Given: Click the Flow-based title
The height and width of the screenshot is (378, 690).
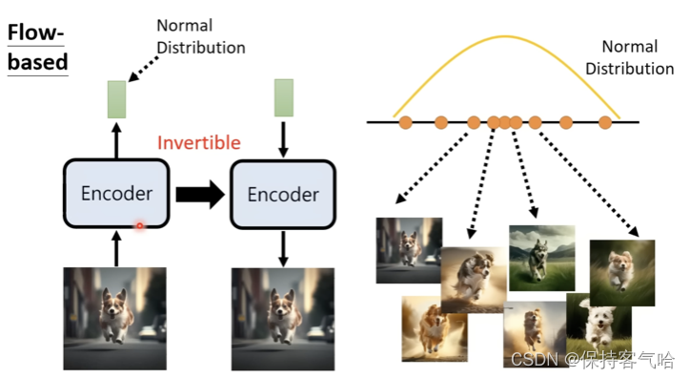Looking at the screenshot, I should click(x=38, y=48).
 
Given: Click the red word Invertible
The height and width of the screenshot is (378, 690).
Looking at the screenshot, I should click(x=198, y=143).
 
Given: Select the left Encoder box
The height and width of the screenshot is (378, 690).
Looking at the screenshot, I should click(x=116, y=194).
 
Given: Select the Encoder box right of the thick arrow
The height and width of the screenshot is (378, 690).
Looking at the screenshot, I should click(x=283, y=195).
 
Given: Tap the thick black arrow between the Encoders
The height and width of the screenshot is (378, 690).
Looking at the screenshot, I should click(x=198, y=195).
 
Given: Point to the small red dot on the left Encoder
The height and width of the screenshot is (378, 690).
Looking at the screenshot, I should click(x=139, y=226).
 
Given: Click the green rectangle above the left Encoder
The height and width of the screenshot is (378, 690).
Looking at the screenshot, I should click(x=116, y=99).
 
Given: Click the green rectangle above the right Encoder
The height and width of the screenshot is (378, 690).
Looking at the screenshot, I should click(x=283, y=97).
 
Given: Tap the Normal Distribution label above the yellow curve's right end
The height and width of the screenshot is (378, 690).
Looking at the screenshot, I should click(x=629, y=57).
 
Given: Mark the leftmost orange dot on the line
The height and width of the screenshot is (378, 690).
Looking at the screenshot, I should click(x=405, y=121).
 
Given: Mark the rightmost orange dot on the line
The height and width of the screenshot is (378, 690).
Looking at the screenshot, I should click(x=604, y=121).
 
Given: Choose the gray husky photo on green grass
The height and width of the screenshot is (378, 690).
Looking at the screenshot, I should click(x=541, y=258).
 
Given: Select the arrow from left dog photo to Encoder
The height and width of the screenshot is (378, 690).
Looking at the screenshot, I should click(x=116, y=249).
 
